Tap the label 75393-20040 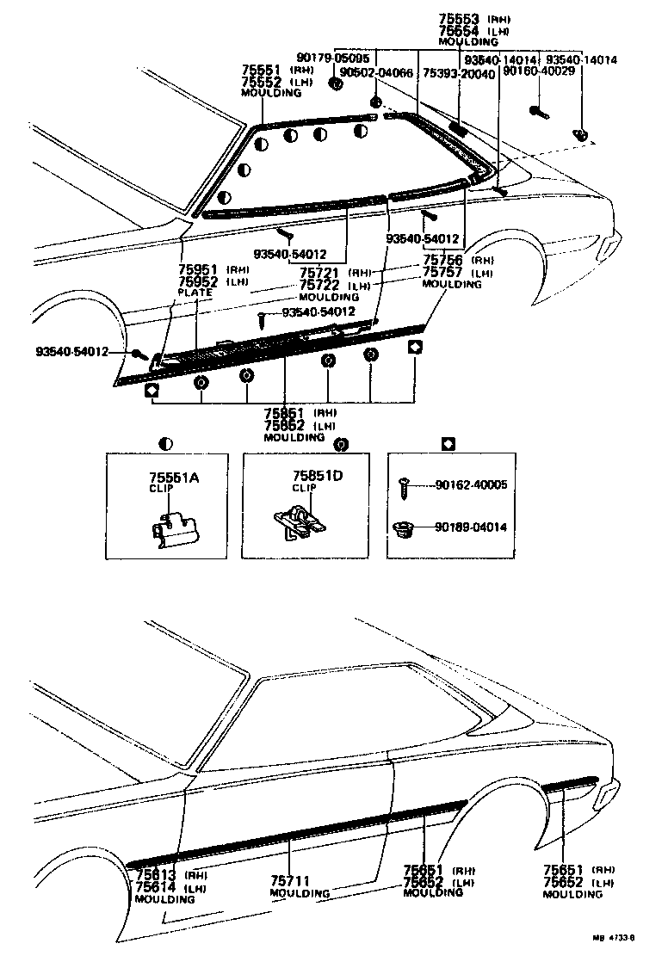coord(459,75)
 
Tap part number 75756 coord(443,260)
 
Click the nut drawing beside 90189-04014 coord(401,527)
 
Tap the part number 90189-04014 coord(470,527)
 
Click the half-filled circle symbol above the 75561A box coord(166,444)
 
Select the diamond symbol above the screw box coord(447,444)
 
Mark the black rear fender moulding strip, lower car coord(568,783)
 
